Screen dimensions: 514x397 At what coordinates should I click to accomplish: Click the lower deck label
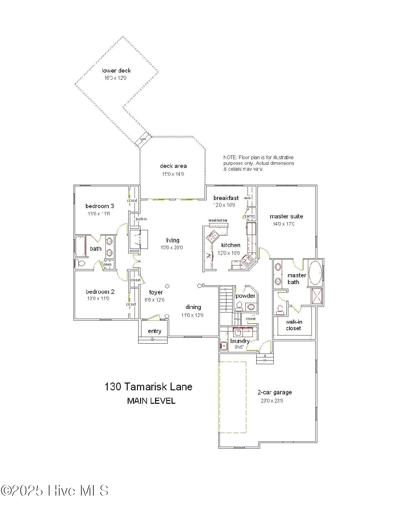[116, 71]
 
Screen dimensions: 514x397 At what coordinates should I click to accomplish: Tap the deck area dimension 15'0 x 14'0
[173, 174]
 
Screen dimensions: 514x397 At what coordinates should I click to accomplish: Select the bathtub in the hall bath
[81, 246]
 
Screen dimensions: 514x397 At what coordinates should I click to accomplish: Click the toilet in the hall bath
[81, 264]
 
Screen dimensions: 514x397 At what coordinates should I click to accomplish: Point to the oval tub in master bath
[315, 273]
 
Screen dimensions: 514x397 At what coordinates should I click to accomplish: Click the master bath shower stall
[317, 296]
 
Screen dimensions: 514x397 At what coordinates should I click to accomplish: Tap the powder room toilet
[239, 307]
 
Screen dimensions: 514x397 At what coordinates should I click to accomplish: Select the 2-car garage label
[274, 393]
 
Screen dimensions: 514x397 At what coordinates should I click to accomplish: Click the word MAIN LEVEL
[151, 401]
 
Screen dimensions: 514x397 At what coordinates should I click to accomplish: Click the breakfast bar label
[218, 220]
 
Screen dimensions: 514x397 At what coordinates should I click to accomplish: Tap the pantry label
[250, 216]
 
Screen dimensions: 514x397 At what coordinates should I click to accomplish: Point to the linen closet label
[107, 264]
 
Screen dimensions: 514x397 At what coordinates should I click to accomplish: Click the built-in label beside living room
[141, 219]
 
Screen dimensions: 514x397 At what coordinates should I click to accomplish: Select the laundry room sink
[224, 346]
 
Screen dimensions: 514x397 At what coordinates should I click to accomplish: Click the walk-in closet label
[293, 325]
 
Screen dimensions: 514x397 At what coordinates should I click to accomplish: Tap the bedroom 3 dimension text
[98, 214]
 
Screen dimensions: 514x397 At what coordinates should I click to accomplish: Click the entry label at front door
[154, 331]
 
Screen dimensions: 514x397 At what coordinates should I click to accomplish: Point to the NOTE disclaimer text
[258, 163]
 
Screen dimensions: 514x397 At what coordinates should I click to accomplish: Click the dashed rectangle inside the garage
[233, 397]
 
